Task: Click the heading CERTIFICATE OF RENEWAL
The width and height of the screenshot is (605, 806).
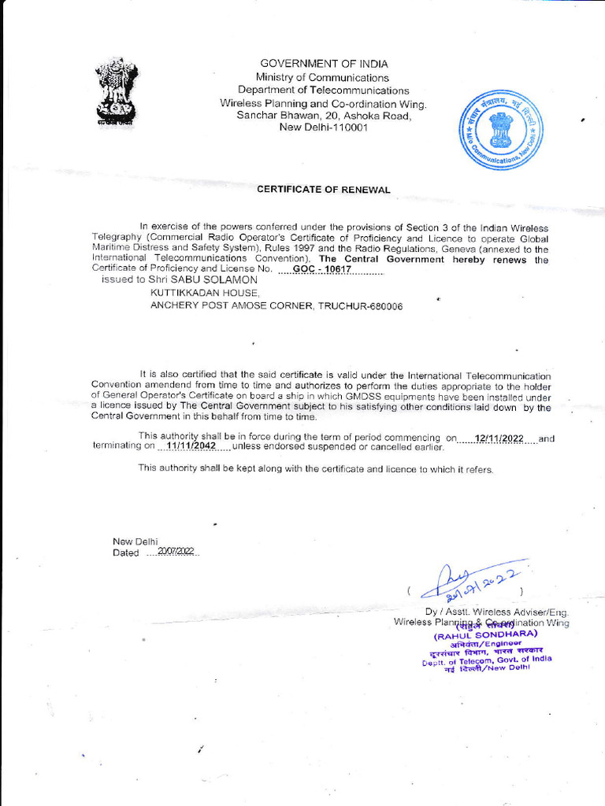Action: tap(324, 190)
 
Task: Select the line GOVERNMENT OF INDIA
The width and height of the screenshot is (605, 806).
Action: tap(324, 64)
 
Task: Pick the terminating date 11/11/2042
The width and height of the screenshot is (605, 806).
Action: tap(191, 446)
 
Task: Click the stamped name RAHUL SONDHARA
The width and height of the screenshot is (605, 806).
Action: tap(485, 634)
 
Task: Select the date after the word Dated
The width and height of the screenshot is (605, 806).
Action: tap(175, 552)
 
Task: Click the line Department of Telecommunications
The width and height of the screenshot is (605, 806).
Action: tap(324, 91)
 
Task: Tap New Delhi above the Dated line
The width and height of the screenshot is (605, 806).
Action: tap(135, 541)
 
